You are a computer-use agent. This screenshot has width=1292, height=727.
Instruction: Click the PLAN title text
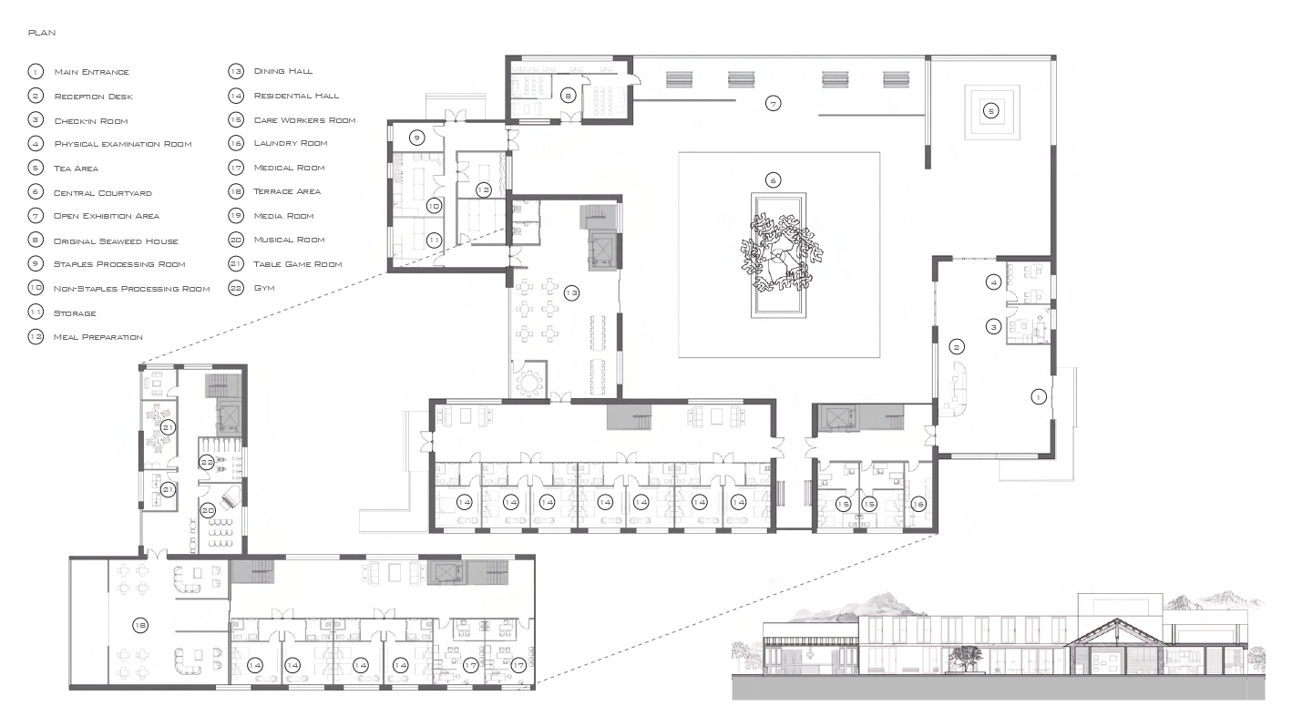[x=42, y=33]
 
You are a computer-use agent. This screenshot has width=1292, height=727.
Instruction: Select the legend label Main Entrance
[x=92, y=72]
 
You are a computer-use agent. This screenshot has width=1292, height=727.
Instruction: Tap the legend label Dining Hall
[x=283, y=71]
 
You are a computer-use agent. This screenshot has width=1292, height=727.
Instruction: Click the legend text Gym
[x=264, y=288]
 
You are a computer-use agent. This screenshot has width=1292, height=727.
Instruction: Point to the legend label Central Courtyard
[x=103, y=193]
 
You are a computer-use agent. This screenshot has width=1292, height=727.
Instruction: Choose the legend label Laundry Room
[x=291, y=143]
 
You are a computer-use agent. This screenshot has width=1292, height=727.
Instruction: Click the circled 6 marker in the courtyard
[x=773, y=180]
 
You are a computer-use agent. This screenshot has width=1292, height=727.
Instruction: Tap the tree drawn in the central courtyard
[x=782, y=253]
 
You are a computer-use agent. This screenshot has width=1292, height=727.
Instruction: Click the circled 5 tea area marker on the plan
[x=991, y=111]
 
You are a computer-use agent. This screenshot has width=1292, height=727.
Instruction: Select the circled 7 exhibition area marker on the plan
[x=773, y=104]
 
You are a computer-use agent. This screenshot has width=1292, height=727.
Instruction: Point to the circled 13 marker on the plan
[x=571, y=292]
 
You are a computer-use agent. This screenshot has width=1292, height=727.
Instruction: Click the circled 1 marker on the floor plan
[x=1038, y=396]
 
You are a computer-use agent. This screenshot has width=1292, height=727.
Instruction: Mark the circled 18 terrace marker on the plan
[x=140, y=625]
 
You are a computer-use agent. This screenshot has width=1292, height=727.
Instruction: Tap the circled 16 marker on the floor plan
[x=918, y=504]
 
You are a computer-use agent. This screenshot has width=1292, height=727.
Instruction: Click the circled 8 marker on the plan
[x=569, y=96]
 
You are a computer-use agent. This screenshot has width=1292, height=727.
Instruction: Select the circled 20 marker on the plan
[x=208, y=510]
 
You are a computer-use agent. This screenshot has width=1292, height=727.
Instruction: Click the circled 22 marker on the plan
[x=207, y=462]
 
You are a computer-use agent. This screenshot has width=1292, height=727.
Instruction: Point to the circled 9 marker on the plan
[x=416, y=138]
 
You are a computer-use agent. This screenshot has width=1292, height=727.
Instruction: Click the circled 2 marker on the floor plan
[x=957, y=346]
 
